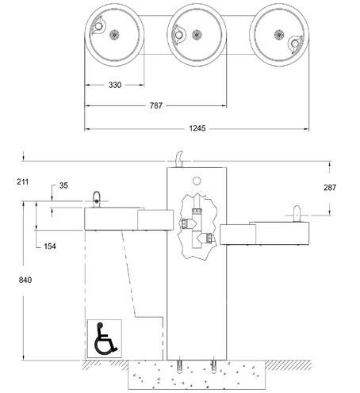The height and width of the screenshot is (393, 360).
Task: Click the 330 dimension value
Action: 115,85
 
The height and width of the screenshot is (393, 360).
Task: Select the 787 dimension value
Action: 156,105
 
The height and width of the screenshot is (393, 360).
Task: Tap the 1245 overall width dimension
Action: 197,128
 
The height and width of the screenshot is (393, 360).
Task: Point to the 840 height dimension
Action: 25,280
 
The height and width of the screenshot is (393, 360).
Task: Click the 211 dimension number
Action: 23,182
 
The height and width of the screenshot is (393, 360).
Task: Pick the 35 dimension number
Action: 63,185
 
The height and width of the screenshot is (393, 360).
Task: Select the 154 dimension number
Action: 50,246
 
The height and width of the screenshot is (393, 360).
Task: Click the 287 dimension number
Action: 330,188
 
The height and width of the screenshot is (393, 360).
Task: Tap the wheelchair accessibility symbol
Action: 105,338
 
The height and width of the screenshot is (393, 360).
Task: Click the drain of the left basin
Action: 114,35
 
